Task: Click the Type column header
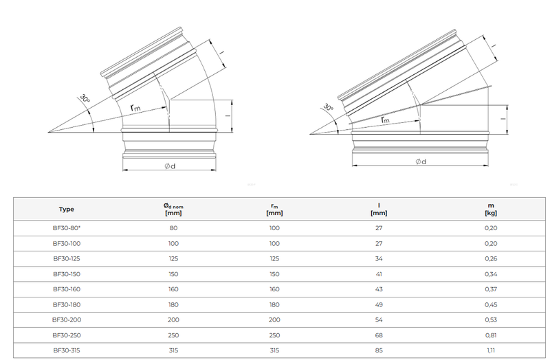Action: (67, 209)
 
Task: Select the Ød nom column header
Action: (173, 209)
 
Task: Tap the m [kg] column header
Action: (492, 209)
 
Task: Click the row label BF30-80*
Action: (67, 228)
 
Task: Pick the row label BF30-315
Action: (67, 350)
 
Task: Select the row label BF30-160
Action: (67, 289)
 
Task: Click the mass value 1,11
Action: (492, 350)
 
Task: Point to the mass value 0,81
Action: (492, 335)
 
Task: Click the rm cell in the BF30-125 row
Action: (274, 258)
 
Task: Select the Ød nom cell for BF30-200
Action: (173, 319)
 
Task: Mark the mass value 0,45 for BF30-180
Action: (492, 304)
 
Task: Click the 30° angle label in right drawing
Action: (329, 108)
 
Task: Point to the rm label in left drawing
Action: (136, 108)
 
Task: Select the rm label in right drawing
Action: (384, 120)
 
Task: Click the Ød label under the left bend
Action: (169, 166)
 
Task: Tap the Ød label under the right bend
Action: (420, 161)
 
